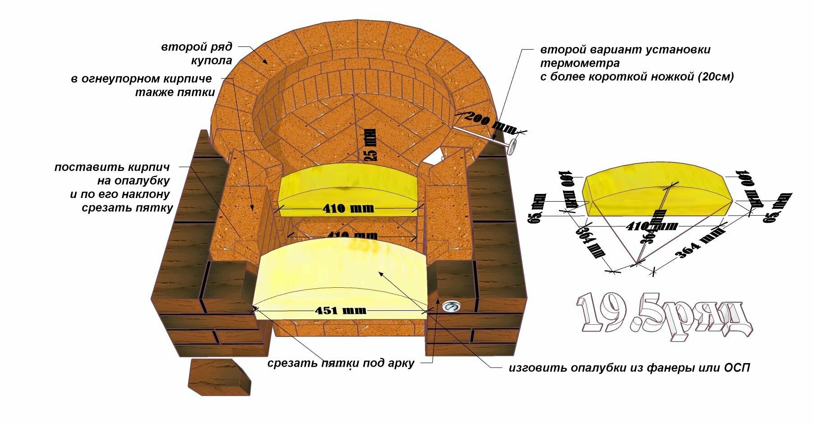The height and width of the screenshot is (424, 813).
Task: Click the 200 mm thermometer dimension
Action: click(x=490, y=122)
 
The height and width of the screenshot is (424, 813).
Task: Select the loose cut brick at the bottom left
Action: click(x=220, y=378)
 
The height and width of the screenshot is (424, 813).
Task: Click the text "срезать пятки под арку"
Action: click(x=341, y=363)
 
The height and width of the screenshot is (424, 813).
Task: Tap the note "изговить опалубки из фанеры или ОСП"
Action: click(x=629, y=368)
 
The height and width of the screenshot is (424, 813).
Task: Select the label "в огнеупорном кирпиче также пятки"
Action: click(x=142, y=86)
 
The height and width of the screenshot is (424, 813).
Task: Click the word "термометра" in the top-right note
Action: click(x=580, y=63)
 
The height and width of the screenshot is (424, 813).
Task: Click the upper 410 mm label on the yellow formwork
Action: click(x=348, y=208)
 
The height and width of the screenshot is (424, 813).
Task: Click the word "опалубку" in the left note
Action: click(x=133, y=181)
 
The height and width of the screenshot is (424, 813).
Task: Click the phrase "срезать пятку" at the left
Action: click(x=128, y=208)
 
